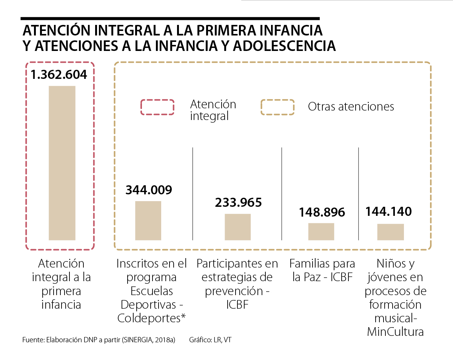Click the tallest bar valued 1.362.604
[x=62, y=163]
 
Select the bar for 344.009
[x=148, y=220]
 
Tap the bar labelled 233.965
[x=238, y=227]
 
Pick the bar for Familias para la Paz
[x=321, y=231]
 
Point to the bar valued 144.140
[x=390, y=232]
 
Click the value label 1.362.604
[x=59, y=74]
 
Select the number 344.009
[x=149, y=190]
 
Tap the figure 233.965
[x=238, y=203]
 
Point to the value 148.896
[x=322, y=212]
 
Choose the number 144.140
[x=388, y=212]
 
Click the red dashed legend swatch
[x=157, y=107]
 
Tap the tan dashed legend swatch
[x=277, y=107]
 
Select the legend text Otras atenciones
[x=351, y=107]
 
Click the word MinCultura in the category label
[x=395, y=332]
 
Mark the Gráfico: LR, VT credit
[x=210, y=340]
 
